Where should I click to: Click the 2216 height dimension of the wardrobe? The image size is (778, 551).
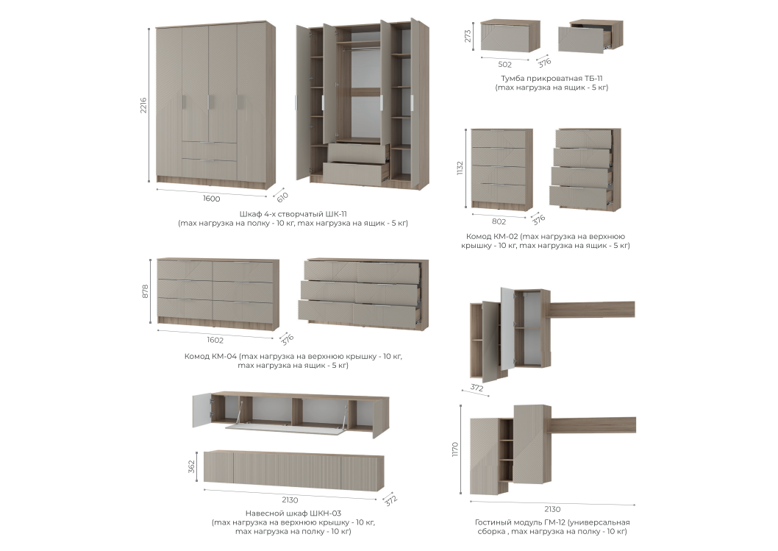[143, 105]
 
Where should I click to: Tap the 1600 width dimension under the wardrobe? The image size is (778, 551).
[211, 199]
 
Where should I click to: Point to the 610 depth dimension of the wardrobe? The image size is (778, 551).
[282, 196]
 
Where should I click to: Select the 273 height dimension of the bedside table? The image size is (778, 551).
[468, 35]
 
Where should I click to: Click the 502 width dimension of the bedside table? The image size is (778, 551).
[504, 65]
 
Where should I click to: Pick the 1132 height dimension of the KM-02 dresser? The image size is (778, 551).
[460, 167]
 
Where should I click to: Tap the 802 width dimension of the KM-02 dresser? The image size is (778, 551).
[499, 222]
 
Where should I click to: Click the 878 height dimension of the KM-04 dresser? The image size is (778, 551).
[146, 291]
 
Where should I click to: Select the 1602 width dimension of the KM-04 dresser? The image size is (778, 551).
[215, 340]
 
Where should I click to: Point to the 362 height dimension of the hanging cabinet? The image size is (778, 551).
[191, 466]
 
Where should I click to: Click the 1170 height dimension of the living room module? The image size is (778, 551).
[455, 449]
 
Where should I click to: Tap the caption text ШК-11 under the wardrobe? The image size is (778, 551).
[336, 214]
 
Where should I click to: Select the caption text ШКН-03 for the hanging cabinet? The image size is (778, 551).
[325, 513]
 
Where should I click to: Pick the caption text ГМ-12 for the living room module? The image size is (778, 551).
[554, 522]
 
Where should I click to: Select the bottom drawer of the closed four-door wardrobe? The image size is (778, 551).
[209, 166]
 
